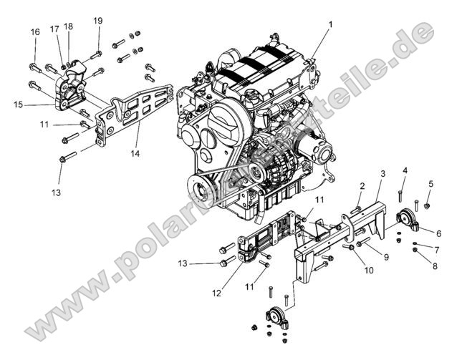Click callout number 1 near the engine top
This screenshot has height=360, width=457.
click(x=330, y=25)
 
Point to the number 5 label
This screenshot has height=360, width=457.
click(x=430, y=184)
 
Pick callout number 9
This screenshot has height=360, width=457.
click(x=386, y=256)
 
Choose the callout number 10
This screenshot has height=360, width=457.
click(x=370, y=270)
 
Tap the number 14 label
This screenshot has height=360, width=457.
click(x=135, y=153)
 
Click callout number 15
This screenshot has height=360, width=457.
click(x=19, y=104)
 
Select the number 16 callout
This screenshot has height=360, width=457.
click(x=34, y=32)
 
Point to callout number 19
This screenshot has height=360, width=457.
click(x=98, y=21)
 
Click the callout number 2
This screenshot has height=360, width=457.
click(x=362, y=186)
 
